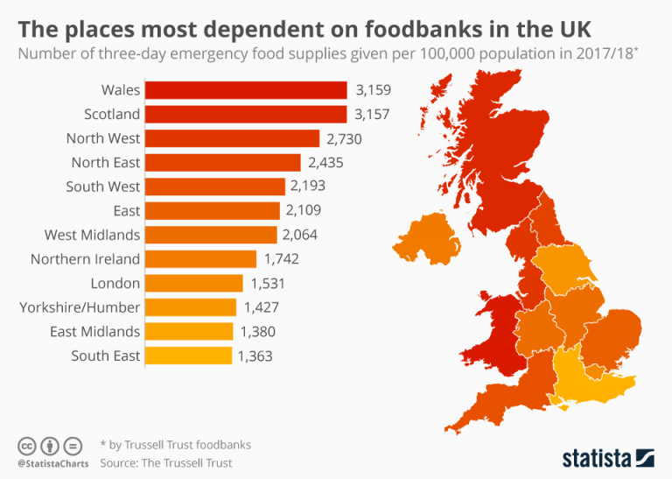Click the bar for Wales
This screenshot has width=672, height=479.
click(x=246, y=90)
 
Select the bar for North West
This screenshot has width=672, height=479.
click(x=232, y=138)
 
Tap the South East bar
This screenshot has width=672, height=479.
click(x=188, y=356)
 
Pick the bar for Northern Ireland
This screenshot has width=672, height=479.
click(x=200, y=259)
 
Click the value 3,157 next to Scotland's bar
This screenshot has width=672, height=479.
click(x=372, y=115)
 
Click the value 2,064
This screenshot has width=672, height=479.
click(x=300, y=235)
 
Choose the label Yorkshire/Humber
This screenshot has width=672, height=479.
click(x=80, y=307)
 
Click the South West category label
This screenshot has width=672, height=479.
click(x=102, y=187)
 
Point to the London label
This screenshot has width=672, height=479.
click(x=115, y=284)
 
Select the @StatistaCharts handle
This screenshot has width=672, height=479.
click(x=50, y=462)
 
